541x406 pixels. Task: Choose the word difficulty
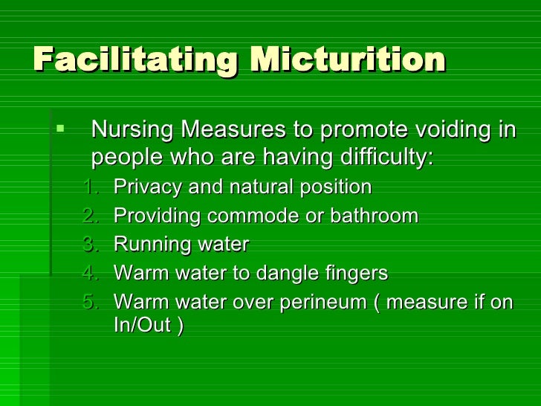click(x=386, y=158)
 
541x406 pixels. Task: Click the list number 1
click(x=90, y=186)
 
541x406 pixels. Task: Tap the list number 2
click(x=90, y=216)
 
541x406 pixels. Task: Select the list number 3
click(x=90, y=245)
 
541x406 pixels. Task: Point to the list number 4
click(x=90, y=274)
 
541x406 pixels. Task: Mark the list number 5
click(x=90, y=303)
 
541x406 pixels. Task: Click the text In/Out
click(x=142, y=326)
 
